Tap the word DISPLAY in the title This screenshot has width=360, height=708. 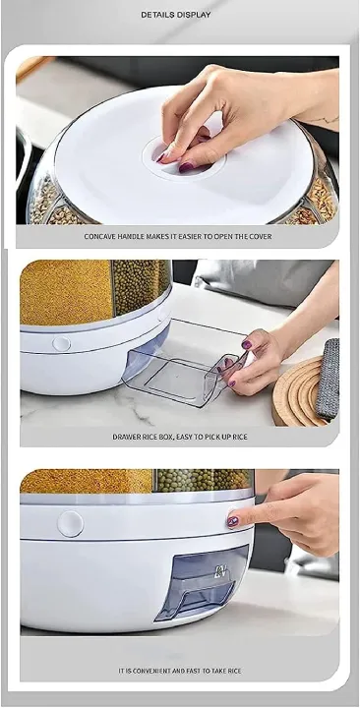pos(197,15)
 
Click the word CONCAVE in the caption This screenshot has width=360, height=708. pos(101,236)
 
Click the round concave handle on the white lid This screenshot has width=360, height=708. pos(184,158)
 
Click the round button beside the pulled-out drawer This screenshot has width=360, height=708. pos(61,344)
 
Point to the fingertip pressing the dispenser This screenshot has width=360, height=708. pos(233,520)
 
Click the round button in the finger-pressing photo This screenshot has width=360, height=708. pos(70,524)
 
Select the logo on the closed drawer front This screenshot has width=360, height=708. pos(220,571)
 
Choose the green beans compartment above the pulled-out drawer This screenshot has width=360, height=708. pos(141,284)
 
